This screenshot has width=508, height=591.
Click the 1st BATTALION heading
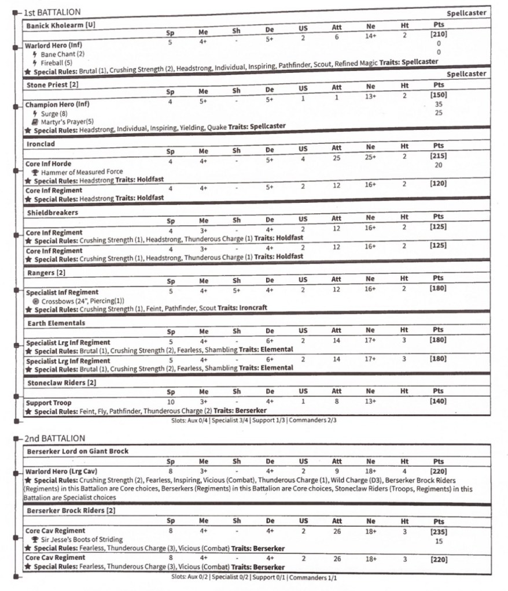pos(53,12)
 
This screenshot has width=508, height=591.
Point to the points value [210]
pos(439,34)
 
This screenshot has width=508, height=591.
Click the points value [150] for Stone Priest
pos(439,95)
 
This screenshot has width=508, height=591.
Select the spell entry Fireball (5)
pos(57,62)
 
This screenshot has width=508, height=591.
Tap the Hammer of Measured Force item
pos(82,172)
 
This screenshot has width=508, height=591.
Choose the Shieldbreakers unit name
pos(53,212)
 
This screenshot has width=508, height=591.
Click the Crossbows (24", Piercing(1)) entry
pos(83,301)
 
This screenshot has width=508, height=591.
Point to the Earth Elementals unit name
pos(56,323)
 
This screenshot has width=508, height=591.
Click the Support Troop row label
pos(49,402)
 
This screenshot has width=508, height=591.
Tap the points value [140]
pos(439,401)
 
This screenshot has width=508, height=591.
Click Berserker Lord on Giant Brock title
pos(78,451)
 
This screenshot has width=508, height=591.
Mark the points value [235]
pos(439,531)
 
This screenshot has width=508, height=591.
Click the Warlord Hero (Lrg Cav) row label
pos(63,471)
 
